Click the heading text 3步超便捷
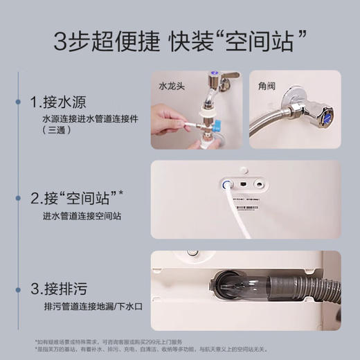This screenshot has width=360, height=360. [x=104, y=42]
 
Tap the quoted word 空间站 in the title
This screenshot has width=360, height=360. [x=261, y=42]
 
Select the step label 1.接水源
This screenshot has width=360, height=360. [x=57, y=103]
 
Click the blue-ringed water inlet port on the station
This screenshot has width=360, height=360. [x=226, y=185]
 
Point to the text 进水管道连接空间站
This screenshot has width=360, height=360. [x=78, y=216]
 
